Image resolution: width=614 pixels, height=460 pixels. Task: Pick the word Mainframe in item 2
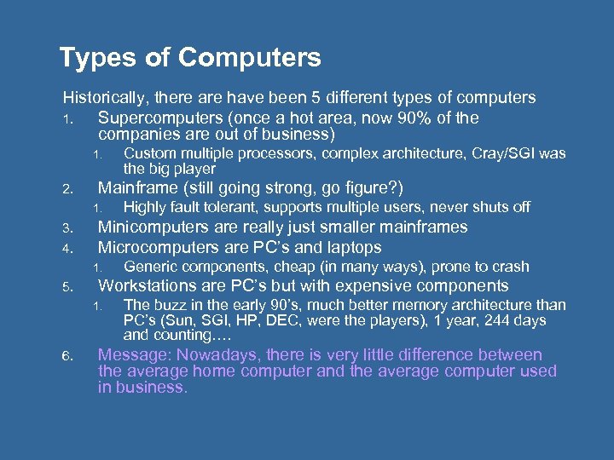(x=140, y=188)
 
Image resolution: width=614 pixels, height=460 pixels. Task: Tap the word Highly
(x=147, y=207)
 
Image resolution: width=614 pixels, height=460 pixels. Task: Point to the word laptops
(x=350, y=247)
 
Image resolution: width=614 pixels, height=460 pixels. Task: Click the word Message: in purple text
(x=132, y=354)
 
